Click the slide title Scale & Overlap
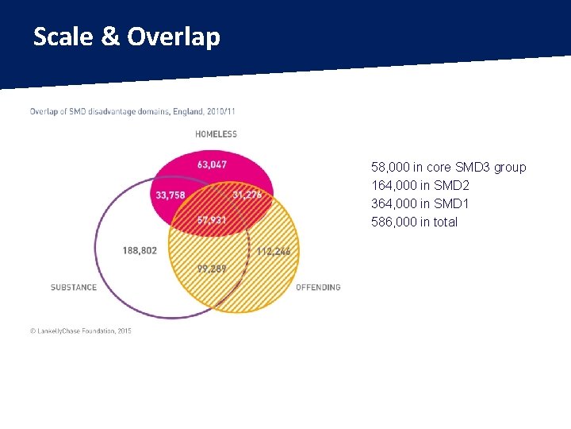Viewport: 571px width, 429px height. coord(127,37)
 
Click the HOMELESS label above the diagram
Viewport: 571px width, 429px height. coord(216,134)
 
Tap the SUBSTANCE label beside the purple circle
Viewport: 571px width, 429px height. coord(74,288)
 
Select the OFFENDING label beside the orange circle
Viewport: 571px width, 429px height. coord(318,288)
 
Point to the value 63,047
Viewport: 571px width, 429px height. coord(213,165)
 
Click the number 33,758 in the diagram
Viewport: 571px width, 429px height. coord(171,195)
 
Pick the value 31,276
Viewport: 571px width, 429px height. coord(247,195)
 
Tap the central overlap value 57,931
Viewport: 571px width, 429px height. coord(212,219)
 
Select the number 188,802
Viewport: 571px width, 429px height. coord(140,250)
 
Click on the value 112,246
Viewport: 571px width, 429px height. coord(274,251)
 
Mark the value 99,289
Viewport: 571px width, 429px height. coord(212,269)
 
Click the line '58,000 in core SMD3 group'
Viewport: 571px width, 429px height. coord(448,168)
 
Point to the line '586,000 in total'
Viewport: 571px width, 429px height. coord(414,222)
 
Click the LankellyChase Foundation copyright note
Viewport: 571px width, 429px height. coord(81,330)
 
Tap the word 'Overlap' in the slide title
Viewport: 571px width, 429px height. coord(173,37)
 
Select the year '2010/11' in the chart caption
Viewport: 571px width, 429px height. coord(220,111)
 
